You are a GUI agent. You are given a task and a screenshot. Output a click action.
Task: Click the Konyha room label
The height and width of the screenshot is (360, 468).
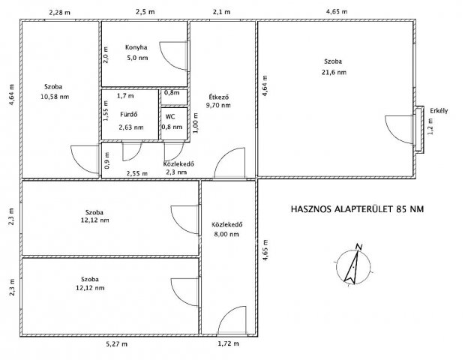coord(136,47)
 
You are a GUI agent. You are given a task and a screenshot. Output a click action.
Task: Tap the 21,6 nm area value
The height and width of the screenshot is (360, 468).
coord(334,72)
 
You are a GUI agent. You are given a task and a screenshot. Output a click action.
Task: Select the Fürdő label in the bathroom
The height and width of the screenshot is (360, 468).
coord(129,114)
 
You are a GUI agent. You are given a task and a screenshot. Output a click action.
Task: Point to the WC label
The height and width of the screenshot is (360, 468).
coord(170,117)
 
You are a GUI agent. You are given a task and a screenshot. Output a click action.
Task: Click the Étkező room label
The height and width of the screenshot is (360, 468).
coord(219,97)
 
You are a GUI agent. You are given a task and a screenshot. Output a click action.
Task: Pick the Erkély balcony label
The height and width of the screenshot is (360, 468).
coord(439,111)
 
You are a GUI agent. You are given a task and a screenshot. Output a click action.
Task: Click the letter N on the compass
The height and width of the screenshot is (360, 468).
coord(359,247)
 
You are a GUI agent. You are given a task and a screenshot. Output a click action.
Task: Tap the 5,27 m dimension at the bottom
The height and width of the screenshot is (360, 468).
coord(117,344)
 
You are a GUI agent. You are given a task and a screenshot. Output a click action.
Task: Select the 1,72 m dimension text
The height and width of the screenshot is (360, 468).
coord(228,343)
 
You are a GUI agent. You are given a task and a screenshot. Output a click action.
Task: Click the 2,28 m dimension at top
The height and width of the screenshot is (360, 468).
coord(60,13)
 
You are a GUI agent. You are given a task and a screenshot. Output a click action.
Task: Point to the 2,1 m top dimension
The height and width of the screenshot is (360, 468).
coord(221,12)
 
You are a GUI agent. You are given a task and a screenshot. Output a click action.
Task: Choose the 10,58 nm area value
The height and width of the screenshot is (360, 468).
coord(55,97)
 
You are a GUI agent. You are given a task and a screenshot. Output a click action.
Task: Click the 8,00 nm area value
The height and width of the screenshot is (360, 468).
coord(226,234)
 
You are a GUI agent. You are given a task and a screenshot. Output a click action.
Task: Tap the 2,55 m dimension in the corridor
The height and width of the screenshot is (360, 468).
coord(137,173)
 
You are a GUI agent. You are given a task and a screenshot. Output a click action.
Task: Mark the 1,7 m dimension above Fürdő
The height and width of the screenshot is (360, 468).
coord(125,96)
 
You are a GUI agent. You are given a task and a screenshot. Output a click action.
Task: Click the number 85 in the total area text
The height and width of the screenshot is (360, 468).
coord(400,209)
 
